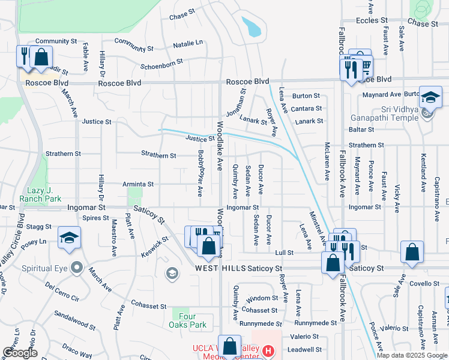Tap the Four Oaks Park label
point(189,320)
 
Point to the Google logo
point(20,353)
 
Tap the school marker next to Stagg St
point(68,238)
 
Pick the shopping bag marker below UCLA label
point(229,346)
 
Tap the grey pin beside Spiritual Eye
point(76,267)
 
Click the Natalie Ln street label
point(188,44)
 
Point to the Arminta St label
point(138,184)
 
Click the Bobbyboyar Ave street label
point(200,173)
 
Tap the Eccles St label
point(371,20)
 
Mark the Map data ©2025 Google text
point(411,355)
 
